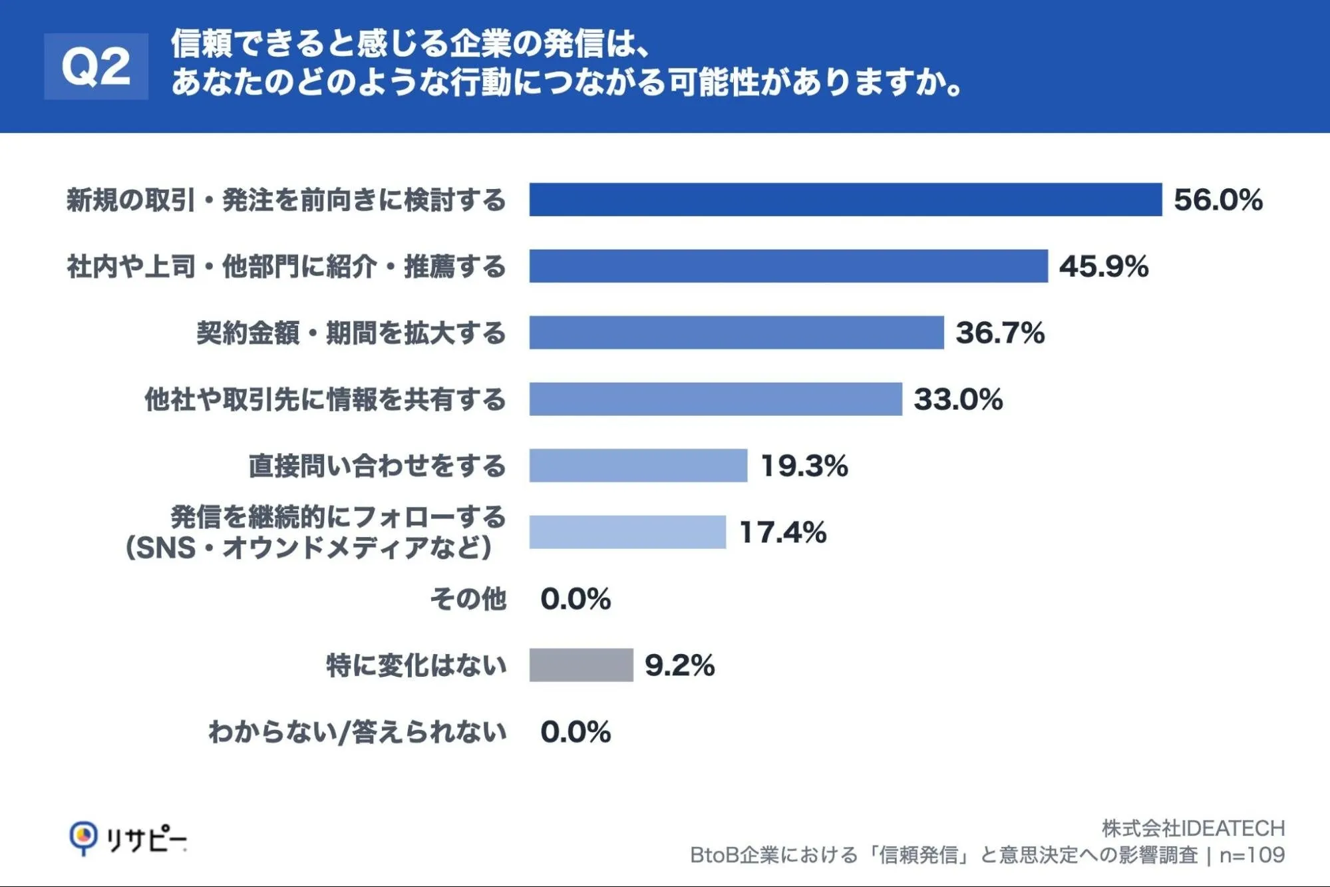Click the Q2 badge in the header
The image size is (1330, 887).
coord(96,67)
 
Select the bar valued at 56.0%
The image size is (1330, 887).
coord(846,200)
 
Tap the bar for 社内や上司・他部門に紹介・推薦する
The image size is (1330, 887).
coord(788,266)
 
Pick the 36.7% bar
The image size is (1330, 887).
coord(737,333)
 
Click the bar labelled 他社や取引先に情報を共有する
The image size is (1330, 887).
coord(716,399)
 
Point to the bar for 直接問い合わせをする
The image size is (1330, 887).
coord(638,466)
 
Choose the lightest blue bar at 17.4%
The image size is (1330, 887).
coord(627,532)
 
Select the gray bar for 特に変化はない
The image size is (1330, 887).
coord(581,665)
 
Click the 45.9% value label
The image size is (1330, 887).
coord(1104,266)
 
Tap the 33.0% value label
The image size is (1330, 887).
coord(958,399)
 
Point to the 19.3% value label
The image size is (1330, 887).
coord(804,466)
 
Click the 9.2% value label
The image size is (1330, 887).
coord(680,665)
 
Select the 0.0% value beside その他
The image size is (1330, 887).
coord(576,599)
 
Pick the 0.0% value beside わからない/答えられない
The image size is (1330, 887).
coord(576,732)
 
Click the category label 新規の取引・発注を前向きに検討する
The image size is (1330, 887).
coord(286,200)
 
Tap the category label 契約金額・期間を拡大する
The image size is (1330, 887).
coord(351,333)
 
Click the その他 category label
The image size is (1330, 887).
coord(468,599)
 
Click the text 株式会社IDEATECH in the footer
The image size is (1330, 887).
coord(1194,828)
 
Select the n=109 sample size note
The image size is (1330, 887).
coord(1252,855)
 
